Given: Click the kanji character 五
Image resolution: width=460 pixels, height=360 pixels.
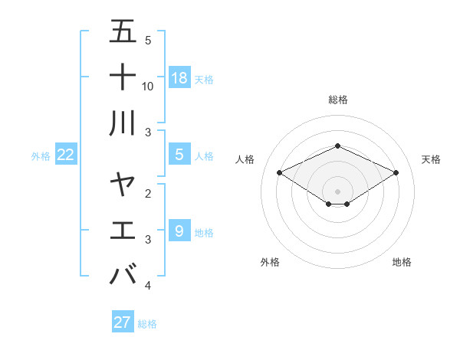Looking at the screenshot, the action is pos(123,32).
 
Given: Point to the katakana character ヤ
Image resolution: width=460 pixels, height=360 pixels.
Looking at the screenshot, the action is pos(123,184).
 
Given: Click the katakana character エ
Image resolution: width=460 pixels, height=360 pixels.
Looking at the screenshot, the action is pos(123,230).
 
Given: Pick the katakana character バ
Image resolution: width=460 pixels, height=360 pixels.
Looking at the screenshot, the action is pos(123,273).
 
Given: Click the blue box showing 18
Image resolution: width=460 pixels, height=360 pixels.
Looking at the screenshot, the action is pos(179,77).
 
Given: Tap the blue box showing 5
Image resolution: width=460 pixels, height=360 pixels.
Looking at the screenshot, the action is pos(179,155).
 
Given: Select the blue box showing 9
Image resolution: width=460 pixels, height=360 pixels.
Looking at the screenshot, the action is pos(179,230).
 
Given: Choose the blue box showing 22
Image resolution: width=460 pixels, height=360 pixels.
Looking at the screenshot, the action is pos(65,155).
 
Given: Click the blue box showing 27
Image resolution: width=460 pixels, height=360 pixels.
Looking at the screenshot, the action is pos(123,322).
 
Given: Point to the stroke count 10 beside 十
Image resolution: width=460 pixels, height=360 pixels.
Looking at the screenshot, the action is pos(148,86).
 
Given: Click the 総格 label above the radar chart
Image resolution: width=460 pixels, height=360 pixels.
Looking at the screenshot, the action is pos(338,100).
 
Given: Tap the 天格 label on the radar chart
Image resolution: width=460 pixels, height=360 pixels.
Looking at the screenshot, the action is pos(431,159).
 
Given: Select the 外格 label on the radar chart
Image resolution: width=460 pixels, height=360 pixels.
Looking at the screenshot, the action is pos(270,262).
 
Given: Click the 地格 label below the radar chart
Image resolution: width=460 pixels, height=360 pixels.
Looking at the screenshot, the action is pos(402,262).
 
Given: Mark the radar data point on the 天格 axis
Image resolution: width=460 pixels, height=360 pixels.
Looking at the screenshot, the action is pos(396,172).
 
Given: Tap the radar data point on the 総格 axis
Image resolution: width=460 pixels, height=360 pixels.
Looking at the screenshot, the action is pos(338,146).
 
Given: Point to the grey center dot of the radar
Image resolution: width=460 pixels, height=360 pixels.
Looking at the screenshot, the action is pos(338,190).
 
